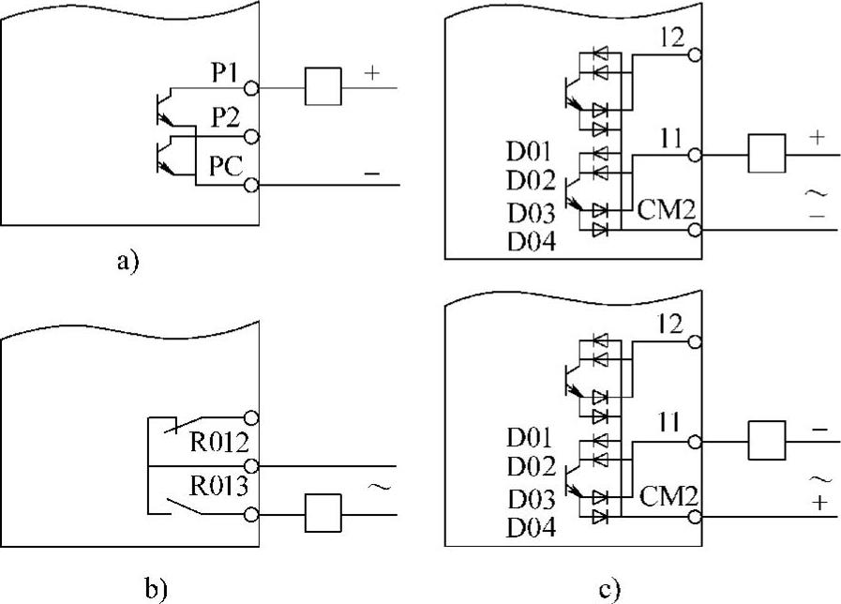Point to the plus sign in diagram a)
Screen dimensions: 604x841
click(x=373, y=73)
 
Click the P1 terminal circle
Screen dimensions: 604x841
click(x=250, y=88)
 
